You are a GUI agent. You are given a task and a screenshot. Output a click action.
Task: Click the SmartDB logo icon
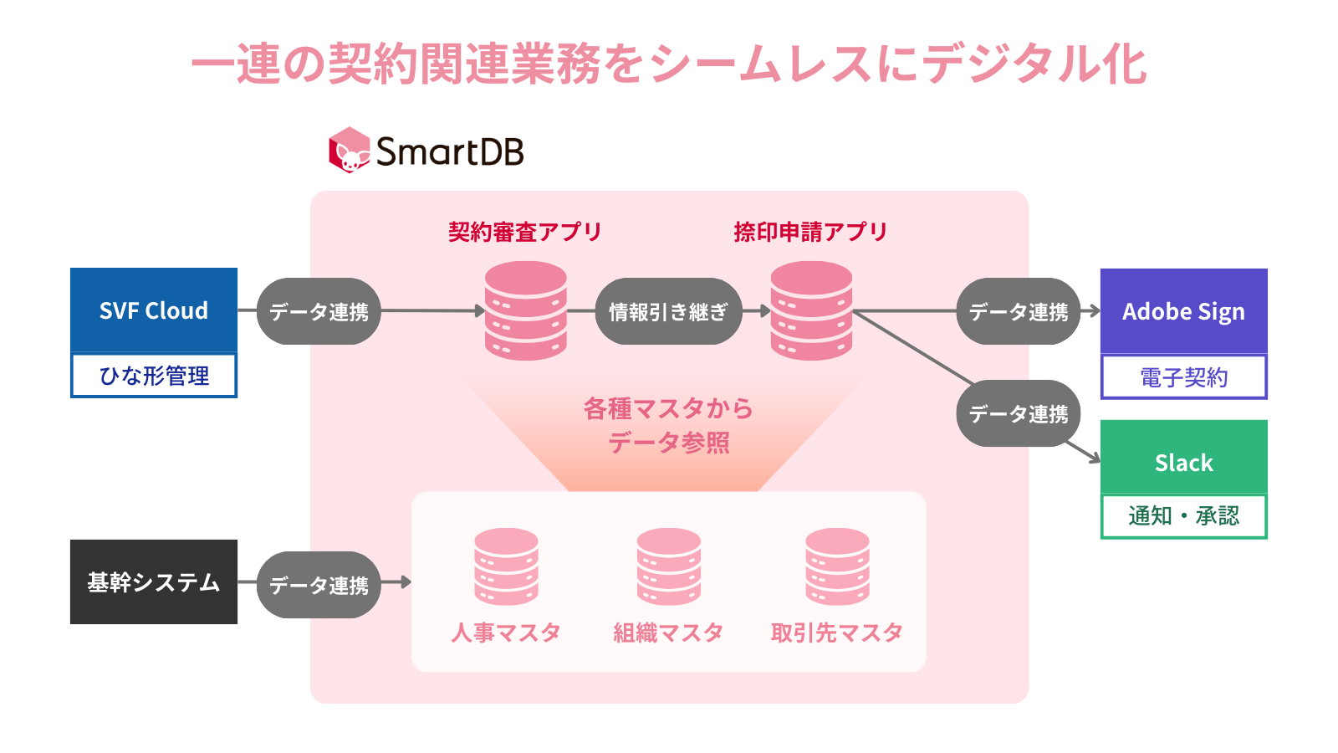click(x=349, y=151)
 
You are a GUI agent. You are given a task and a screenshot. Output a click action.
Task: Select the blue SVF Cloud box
click(x=154, y=310)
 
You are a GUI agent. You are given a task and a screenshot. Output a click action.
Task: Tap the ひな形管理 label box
click(x=154, y=376)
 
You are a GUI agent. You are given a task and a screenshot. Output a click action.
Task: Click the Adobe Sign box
click(x=1183, y=311)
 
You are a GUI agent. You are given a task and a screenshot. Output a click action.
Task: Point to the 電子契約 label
click(x=1183, y=377)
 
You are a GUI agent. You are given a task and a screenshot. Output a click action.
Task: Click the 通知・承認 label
click(x=1183, y=516)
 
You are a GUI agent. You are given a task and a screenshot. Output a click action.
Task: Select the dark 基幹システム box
click(x=154, y=581)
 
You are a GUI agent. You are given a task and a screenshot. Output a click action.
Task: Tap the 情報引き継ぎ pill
click(x=668, y=311)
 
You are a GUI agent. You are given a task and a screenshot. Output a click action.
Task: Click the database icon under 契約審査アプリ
click(x=526, y=310)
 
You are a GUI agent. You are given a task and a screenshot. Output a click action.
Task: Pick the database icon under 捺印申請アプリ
click(x=811, y=310)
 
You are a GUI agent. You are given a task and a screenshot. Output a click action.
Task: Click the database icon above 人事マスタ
click(x=506, y=566)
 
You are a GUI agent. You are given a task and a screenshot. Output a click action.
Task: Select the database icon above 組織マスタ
click(x=668, y=566)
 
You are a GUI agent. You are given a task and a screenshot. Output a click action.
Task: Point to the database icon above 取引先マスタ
click(x=837, y=566)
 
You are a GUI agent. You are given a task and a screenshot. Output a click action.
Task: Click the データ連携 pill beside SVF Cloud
click(x=319, y=311)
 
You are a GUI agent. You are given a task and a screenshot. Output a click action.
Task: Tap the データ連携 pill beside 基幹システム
click(x=319, y=585)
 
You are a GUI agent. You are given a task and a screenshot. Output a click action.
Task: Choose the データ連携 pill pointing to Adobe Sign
click(x=1019, y=311)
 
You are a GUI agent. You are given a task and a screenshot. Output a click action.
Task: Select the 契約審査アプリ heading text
click(x=525, y=232)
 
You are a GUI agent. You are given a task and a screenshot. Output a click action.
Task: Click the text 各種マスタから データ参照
click(x=668, y=425)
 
